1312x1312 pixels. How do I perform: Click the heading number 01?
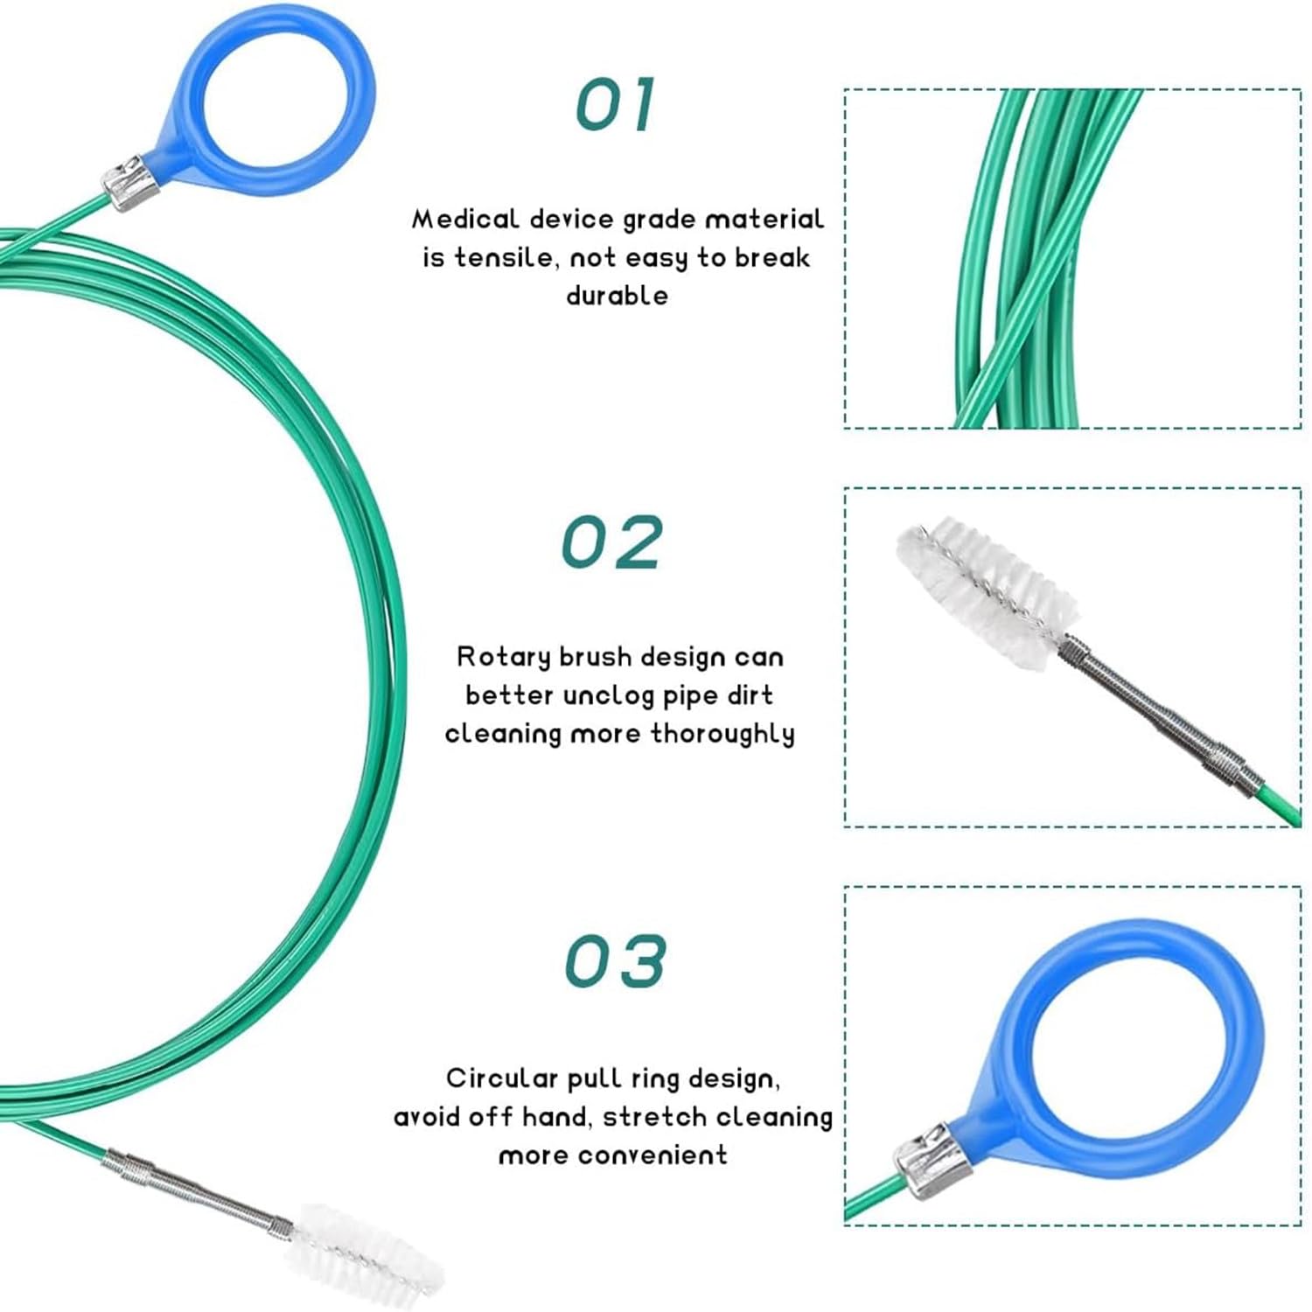[x=615, y=105]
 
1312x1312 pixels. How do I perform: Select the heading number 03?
[x=615, y=961]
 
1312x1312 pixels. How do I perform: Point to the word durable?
[x=617, y=295]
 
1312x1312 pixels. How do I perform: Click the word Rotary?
[x=503, y=657]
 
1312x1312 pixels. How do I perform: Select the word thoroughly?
[x=722, y=733]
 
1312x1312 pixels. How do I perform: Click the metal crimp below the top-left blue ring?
[x=129, y=181]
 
